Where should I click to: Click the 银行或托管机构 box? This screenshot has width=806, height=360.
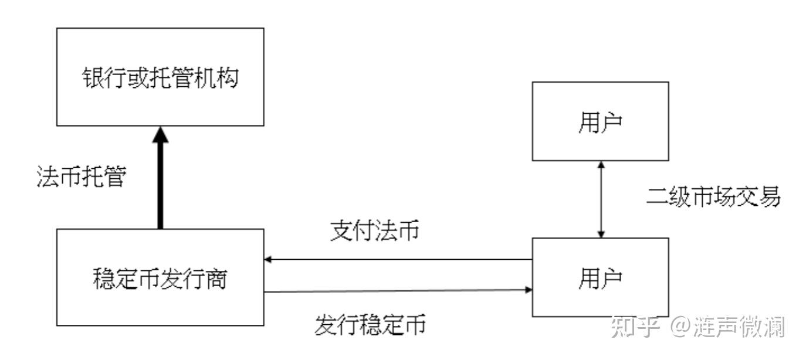[160, 77]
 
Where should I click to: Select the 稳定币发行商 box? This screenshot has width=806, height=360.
[160, 277]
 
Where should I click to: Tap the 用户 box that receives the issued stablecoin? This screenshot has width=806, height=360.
[600, 277]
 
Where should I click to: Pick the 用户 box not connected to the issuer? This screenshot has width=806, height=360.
[600, 121]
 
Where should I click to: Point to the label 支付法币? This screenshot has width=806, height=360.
[374, 232]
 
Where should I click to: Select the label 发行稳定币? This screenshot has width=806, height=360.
[370, 324]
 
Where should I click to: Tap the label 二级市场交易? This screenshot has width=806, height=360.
[713, 197]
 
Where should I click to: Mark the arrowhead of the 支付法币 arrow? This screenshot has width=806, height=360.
[268, 259]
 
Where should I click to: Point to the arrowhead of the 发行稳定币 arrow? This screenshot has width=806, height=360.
[529, 290]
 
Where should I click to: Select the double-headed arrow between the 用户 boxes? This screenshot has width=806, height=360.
[600, 199]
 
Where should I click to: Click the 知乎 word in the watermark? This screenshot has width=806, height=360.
[635, 327]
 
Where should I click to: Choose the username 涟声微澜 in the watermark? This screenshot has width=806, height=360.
[739, 327]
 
